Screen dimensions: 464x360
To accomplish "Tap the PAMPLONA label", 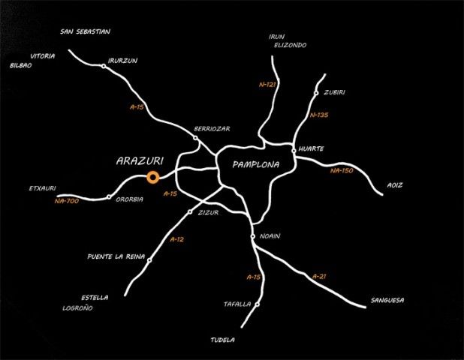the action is click(256, 165).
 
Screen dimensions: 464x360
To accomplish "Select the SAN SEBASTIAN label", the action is click(86, 31).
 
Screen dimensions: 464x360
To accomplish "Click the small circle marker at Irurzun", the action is click(104, 66).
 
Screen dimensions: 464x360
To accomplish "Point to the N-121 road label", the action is click(267, 85).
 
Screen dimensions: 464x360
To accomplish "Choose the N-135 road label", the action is click(319, 115).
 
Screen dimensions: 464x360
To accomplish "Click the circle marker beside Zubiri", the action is click(316, 93).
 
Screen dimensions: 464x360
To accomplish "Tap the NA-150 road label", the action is click(342, 170).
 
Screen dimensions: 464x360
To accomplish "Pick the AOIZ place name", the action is click(395, 185).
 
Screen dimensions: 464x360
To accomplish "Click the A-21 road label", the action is click(319, 277).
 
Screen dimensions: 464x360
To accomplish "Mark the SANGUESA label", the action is click(387, 300).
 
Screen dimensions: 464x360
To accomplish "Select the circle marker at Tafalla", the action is click(258, 304).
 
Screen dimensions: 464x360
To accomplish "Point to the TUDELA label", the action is click(223, 340).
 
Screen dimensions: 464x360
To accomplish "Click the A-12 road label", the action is click(177, 239).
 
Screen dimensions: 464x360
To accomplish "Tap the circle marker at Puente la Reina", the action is click(149, 260).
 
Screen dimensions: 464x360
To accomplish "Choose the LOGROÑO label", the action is click(78, 308).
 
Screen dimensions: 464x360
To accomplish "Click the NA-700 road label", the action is click(67, 201).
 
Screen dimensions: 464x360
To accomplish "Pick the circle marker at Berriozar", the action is click(195, 138).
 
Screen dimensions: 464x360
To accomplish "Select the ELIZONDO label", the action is click(291, 45).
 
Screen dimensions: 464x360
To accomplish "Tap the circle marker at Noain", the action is click(253, 236).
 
